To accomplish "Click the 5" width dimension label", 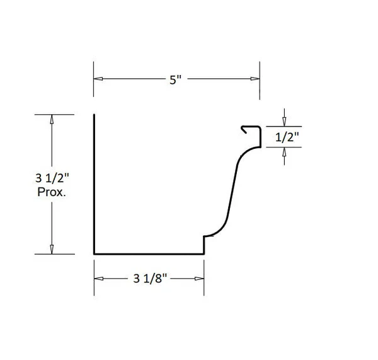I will pyautogui.click(x=175, y=80).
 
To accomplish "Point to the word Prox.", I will pyautogui.click(x=52, y=192).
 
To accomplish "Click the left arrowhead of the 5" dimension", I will pyautogui.click(x=98, y=79).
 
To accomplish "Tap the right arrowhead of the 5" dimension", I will pyautogui.click(x=255, y=79).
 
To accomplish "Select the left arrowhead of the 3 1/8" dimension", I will pyautogui.click(x=98, y=279).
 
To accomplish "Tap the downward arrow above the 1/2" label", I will pyautogui.click(x=283, y=121).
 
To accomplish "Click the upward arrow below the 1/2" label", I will pyautogui.click(x=283, y=151).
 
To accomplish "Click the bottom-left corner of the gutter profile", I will pyautogui.click(x=94, y=253).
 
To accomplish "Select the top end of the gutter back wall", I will pyautogui.click(x=94, y=115).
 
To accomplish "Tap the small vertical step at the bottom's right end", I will pyautogui.click(x=203, y=245).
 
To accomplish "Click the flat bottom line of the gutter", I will pyautogui.click(x=149, y=253).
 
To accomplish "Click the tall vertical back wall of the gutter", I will pyautogui.click(x=94, y=183).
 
